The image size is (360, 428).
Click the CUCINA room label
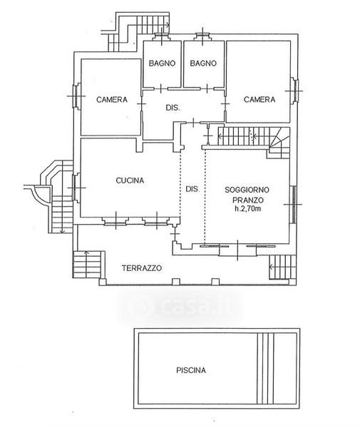pyautogui.click(x=130, y=180)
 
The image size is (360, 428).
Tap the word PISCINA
pyautogui.click(x=191, y=370)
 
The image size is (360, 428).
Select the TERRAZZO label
pyautogui.click(x=142, y=268)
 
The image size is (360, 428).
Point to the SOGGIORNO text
pyautogui.click(x=247, y=190)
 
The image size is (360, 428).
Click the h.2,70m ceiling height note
pyautogui.click(x=247, y=209)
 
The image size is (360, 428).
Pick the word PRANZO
pyautogui.click(x=248, y=200)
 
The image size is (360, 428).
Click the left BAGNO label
pyautogui.click(x=162, y=63)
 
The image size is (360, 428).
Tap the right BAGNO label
pyautogui.click(x=203, y=63)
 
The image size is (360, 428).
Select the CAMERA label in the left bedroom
pyautogui.click(x=112, y=100)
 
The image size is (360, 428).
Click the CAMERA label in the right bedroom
pyautogui.click(x=259, y=100)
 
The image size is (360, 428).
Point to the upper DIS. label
pyautogui.click(x=173, y=108)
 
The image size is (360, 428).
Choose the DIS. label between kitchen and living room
pyautogui.click(x=192, y=189)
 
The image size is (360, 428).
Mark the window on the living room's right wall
pyautogui.click(x=294, y=204)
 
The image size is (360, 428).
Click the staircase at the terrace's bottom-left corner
pyautogui.click(x=87, y=264)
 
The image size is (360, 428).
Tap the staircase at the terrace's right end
pyautogui.click(x=282, y=267)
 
